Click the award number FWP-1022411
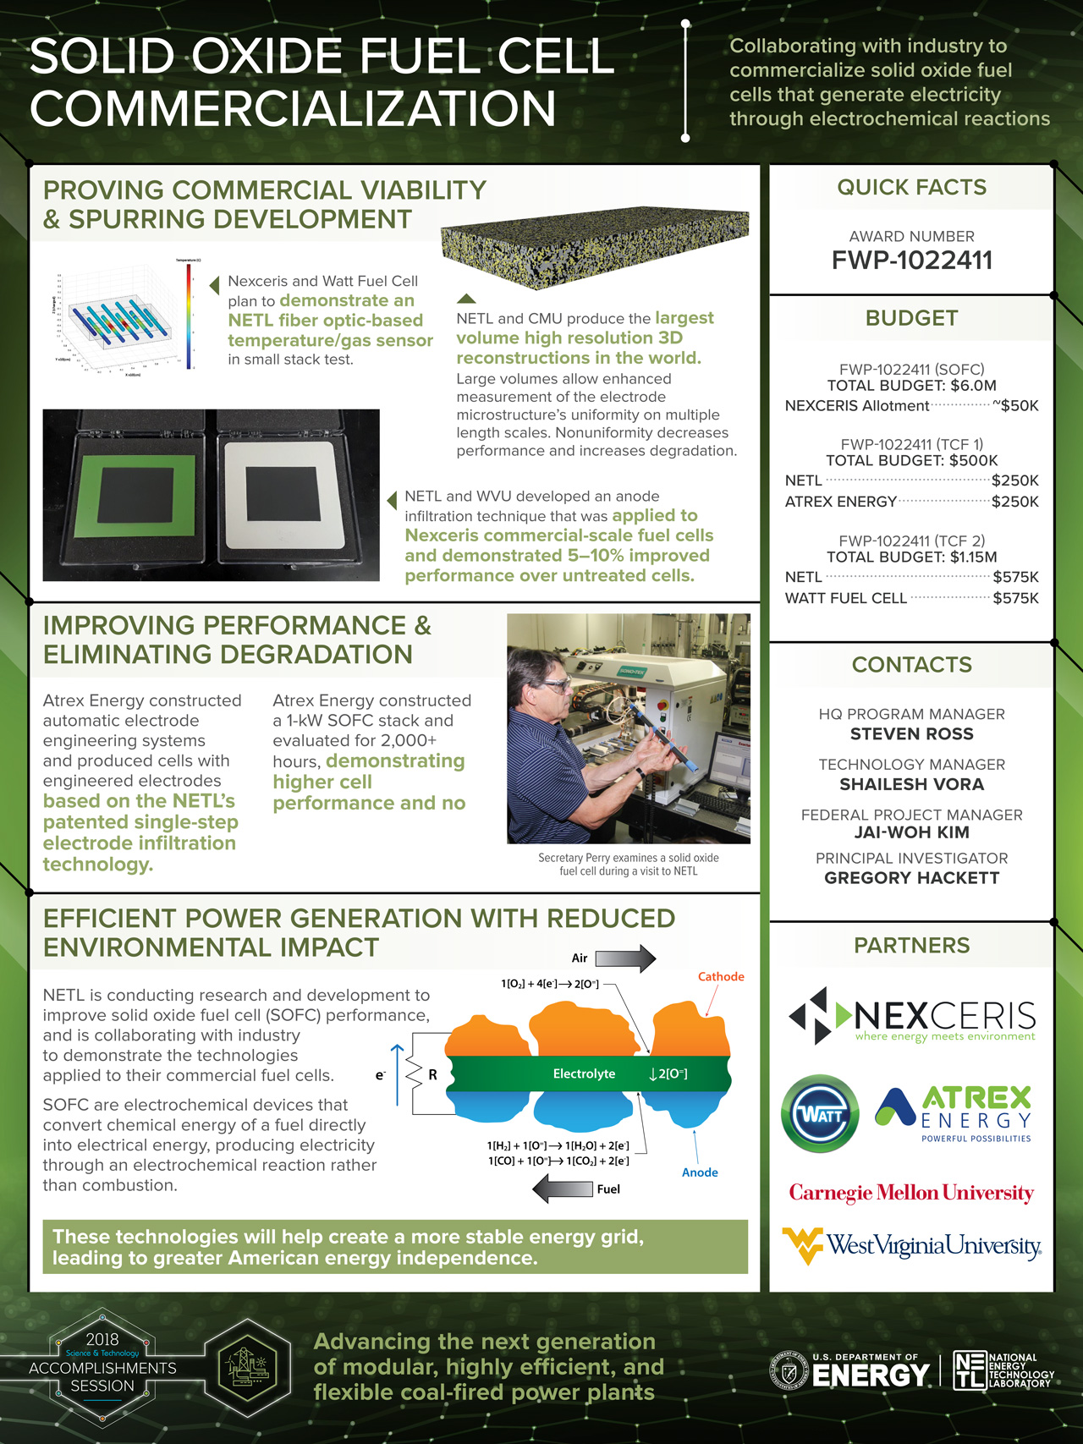pyautogui.click(x=911, y=261)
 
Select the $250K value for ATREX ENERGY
pyautogui.click(x=1015, y=502)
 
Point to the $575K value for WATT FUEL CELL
pyautogui.click(x=1015, y=598)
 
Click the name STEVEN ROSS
pyautogui.click(x=911, y=734)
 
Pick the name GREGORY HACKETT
pyautogui.click(x=911, y=878)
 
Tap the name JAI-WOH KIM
pyautogui.click(x=911, y=832)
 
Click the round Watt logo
pyautogui.click(x=820, y=1114)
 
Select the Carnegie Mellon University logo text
pyautogui.click(x=911, y=1193)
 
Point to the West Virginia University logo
pyautogui.click(x=911, y=1245)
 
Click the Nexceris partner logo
pyautogui.click(x=911, y=1016)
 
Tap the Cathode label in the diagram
pyautogui.click(x=721, y=976)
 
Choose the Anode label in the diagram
pyautogui.click(x=700, y=1172)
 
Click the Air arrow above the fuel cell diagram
pyautogui.click(x=625, y=958)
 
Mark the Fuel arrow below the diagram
pyautogui.click(x=563, y=1189)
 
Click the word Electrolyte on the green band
pyautogui.click(x=584, y=1073)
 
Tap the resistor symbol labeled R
pyautogui.click(x=415, y=1075)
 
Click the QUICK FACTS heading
pyautogui.click(x=911, y=188)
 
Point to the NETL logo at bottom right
pyautogui.click(x=1003, y=1370)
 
